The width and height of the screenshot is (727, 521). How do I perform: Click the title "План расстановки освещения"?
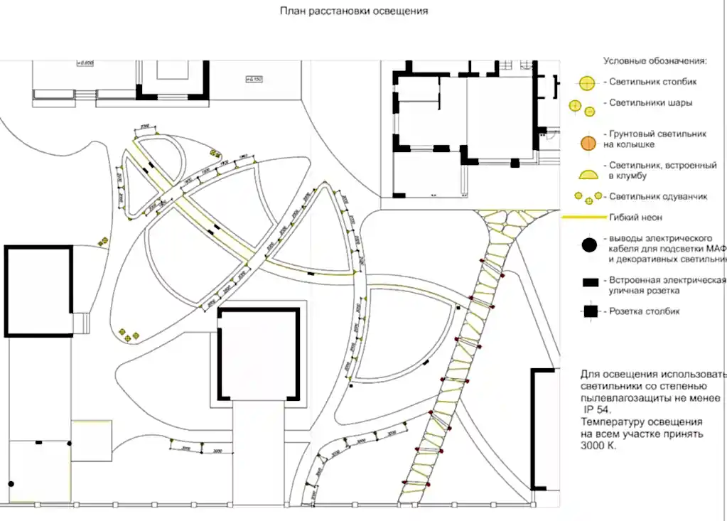coord(354,11)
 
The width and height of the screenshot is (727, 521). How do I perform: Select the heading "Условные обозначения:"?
coord(655,61)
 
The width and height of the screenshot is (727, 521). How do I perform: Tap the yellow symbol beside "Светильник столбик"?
coord(587,83)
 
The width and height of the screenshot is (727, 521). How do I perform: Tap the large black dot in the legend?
coord(588,247)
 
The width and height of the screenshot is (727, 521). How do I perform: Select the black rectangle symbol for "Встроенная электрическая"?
coord(590,282)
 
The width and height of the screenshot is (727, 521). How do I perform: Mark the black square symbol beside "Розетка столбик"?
coord(590,311)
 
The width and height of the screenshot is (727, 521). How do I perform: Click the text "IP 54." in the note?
coord(596,410)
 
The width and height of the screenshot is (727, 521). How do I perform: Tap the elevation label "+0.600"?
coord(85,63)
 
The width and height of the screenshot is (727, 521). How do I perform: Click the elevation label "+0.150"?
coord(254,78)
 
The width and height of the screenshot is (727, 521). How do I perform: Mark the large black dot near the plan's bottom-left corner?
coord(11,484)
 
